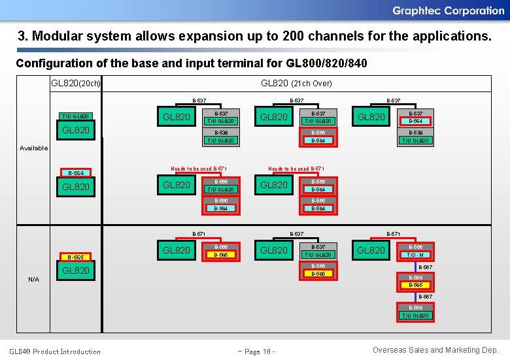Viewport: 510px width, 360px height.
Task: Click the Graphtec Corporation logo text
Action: click(x=448, y=10)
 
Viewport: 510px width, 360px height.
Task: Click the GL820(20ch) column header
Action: click(x=76, y=84)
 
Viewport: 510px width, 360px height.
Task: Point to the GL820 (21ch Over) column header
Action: click(x=296, y=84)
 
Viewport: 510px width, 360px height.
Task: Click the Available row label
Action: click(x=34, y=148)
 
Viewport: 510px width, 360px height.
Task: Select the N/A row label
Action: click(x=34, y=280)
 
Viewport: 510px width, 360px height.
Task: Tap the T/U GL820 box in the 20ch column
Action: click(x=75, y=117)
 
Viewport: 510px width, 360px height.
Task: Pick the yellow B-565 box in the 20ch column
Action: click(x=75, y=257)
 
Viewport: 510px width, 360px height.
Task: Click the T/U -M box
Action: click(x=416, y=255)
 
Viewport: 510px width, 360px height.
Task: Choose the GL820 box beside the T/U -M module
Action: click(x=371, y=250)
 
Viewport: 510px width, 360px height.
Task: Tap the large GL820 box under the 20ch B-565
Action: click(x=76, y=270)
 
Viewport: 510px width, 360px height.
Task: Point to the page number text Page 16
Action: click(x=257, y=352)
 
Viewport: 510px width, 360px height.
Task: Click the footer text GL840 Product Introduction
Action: click(x=55, y=352)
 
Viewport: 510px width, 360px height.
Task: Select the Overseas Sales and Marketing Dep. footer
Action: click(x=435, y=351)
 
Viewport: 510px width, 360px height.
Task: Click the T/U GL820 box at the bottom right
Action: click(x=416, y=316)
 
